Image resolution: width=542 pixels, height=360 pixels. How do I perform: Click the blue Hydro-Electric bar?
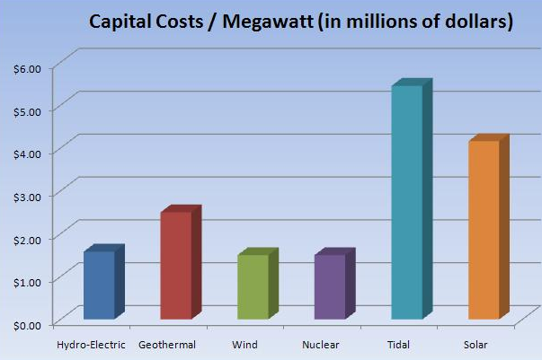click(x=99, y=285)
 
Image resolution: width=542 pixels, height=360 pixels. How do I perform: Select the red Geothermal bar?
click(x=176, y=265)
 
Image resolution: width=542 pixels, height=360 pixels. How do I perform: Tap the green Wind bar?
click(x=253, y=286)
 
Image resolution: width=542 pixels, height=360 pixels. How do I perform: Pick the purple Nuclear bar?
click(x=330, y=286)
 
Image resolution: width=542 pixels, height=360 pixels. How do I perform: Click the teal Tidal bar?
click(x=407, y=202)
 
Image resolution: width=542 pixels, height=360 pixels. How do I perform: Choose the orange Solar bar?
click(x=484, y=230)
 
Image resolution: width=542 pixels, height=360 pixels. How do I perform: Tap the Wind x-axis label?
click(x=244, y=345)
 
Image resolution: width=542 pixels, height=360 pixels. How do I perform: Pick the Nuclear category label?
click(x=321, y=345)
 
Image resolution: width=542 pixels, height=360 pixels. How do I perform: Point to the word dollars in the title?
click(x=470, y=22)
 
